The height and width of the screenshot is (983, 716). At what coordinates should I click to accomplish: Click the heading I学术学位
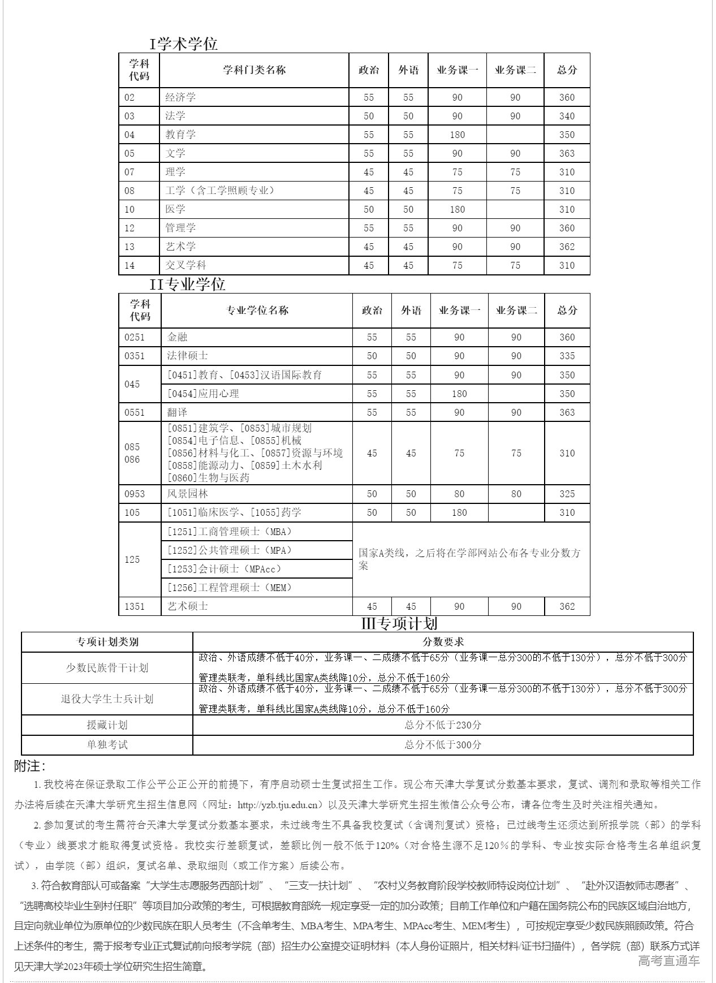click(x=183, y=44)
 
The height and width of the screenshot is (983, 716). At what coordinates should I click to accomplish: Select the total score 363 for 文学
click(x=567, y=153)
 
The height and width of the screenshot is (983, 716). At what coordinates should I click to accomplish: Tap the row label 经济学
click(x=180, y=97)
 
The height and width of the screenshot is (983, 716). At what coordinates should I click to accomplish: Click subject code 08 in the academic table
click(x=130, y=191)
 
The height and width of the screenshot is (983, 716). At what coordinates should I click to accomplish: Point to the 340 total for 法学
click(x=567, y=116)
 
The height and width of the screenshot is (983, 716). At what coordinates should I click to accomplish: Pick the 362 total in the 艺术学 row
click(x=567, y=247)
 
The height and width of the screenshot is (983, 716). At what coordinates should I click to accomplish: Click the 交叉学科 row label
click(x=186, y=265)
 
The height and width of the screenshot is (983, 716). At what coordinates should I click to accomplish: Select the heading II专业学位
click(x=187, y=284)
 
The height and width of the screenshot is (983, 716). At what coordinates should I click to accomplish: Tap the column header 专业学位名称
click(x=257, y=310)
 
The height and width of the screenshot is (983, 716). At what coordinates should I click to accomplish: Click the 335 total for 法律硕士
click(x=567, y=356)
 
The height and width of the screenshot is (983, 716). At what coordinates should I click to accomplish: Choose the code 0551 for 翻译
click(x=135, y=412)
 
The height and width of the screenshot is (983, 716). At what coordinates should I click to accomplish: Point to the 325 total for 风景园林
click(x=567, y=494)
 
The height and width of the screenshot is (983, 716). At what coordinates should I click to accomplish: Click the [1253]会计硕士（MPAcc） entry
click(x=225, y=569)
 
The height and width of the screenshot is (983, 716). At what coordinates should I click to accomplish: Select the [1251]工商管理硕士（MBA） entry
click(x=230, y=532)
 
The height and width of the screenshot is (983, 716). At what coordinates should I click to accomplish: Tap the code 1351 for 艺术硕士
click(x=135, y=606)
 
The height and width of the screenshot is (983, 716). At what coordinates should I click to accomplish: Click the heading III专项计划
click(x=399, y=623)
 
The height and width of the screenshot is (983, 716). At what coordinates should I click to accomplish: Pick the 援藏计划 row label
click(x=107, y=725)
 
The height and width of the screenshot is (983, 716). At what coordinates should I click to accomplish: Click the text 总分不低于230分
click(x=443, y=725)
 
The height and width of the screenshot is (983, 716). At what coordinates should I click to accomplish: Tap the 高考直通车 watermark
click(x=668, y=960)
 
